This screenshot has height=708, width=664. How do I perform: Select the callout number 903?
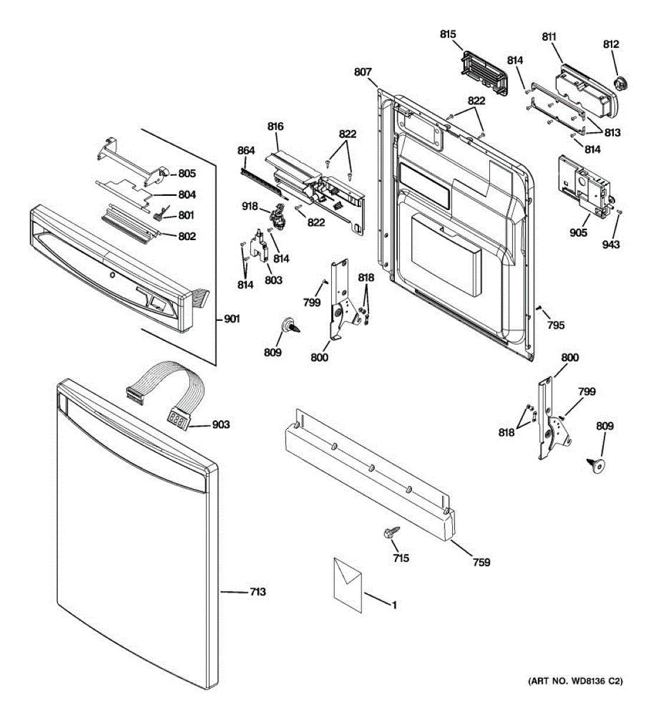click(x=221, y=425)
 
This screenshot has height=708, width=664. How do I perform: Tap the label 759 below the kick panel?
click(x=481, y=562)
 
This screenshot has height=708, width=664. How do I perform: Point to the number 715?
click(x=401, y=558)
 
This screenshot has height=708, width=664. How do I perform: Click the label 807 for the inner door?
click(x=363, y=72)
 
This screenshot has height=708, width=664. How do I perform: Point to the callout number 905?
click(x=578, y=232)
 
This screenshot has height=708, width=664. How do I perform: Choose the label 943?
click(x=611, y=244)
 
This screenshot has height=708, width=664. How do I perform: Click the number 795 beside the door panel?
click(x=555, y=324)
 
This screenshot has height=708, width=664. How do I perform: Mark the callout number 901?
click(x=232, y=319)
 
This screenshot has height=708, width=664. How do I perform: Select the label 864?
click(x=246, y=151)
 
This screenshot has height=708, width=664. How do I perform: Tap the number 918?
click(x=250, y=206)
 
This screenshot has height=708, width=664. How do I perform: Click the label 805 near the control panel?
click(x=187, y=173)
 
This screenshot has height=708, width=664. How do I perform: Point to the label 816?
click(x=275, y=126)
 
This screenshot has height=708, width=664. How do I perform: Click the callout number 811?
click(x=549, y=37)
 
